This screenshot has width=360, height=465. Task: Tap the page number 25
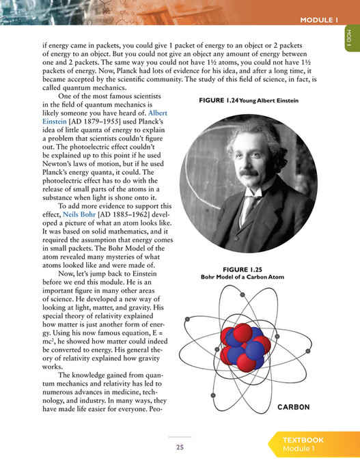click(180, 448)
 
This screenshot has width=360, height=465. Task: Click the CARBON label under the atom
click(294, 408)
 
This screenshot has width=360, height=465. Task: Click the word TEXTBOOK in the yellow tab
click(303, 440)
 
